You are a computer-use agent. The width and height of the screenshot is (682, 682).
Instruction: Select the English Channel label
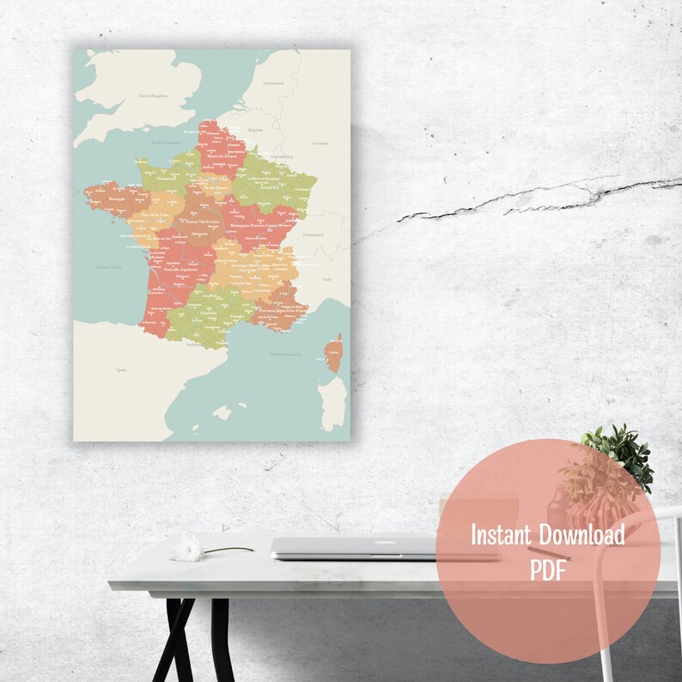167,143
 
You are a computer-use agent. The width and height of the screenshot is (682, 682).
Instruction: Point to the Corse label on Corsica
335,351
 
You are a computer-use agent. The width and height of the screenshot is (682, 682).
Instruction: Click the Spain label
119,370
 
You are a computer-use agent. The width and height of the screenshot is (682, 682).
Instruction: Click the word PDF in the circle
547,570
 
